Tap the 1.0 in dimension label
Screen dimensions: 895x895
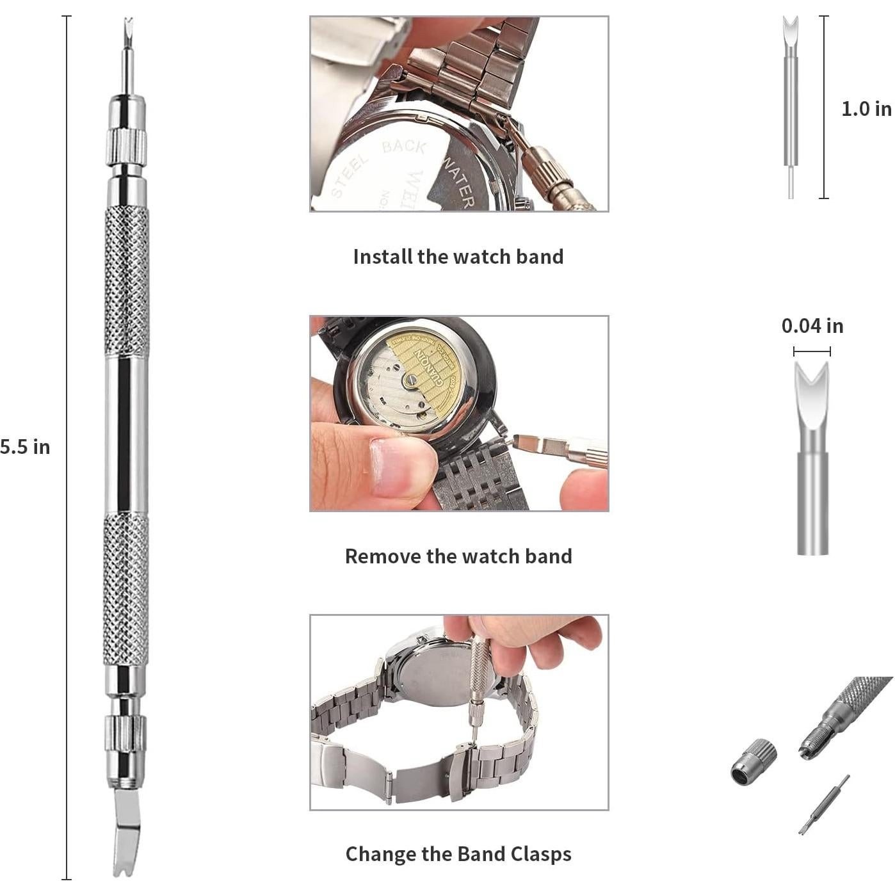866,109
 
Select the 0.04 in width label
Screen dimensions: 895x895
812,326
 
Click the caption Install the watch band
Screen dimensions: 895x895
458,257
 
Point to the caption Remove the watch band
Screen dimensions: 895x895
458,556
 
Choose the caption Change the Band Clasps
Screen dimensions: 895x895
458,854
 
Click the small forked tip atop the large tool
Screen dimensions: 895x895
128,29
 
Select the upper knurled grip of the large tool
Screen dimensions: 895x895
127,282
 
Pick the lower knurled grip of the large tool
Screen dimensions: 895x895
127,589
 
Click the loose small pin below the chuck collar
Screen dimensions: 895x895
825,804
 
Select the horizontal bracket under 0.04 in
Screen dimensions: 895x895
812,351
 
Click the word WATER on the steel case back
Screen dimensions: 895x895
458,182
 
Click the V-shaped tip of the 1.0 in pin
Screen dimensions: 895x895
791,29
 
